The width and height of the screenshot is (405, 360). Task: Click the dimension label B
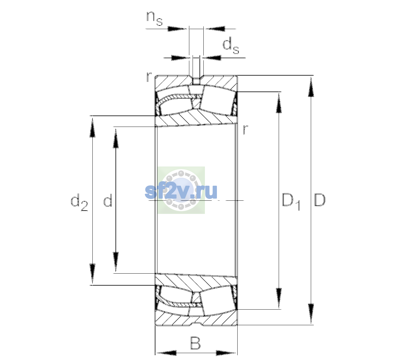coord(195,343)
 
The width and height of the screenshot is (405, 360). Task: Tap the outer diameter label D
coord(320,200)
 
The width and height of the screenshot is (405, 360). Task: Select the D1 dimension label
coord(291,201)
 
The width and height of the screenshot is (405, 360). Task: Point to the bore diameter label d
coord(108,200)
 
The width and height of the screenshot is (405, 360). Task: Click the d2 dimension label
coord(79,202)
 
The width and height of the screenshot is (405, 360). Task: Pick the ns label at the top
coord(154,18)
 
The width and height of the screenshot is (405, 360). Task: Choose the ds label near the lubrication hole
coord(231,46)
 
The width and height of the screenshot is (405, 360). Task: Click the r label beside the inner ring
coord(245,129)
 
